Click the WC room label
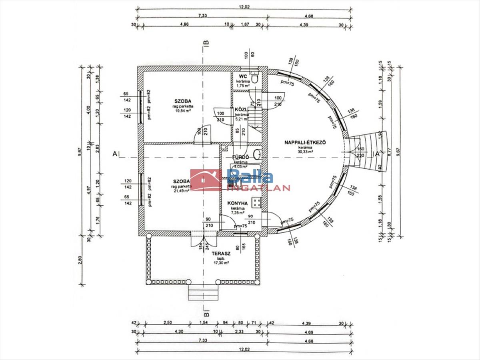pos(243,76)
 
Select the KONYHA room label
pos(238,204)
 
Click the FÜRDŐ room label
pos(241,157)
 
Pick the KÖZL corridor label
pos(240,109)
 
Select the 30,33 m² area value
pos(305,152)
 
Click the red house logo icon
pos(206,180)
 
